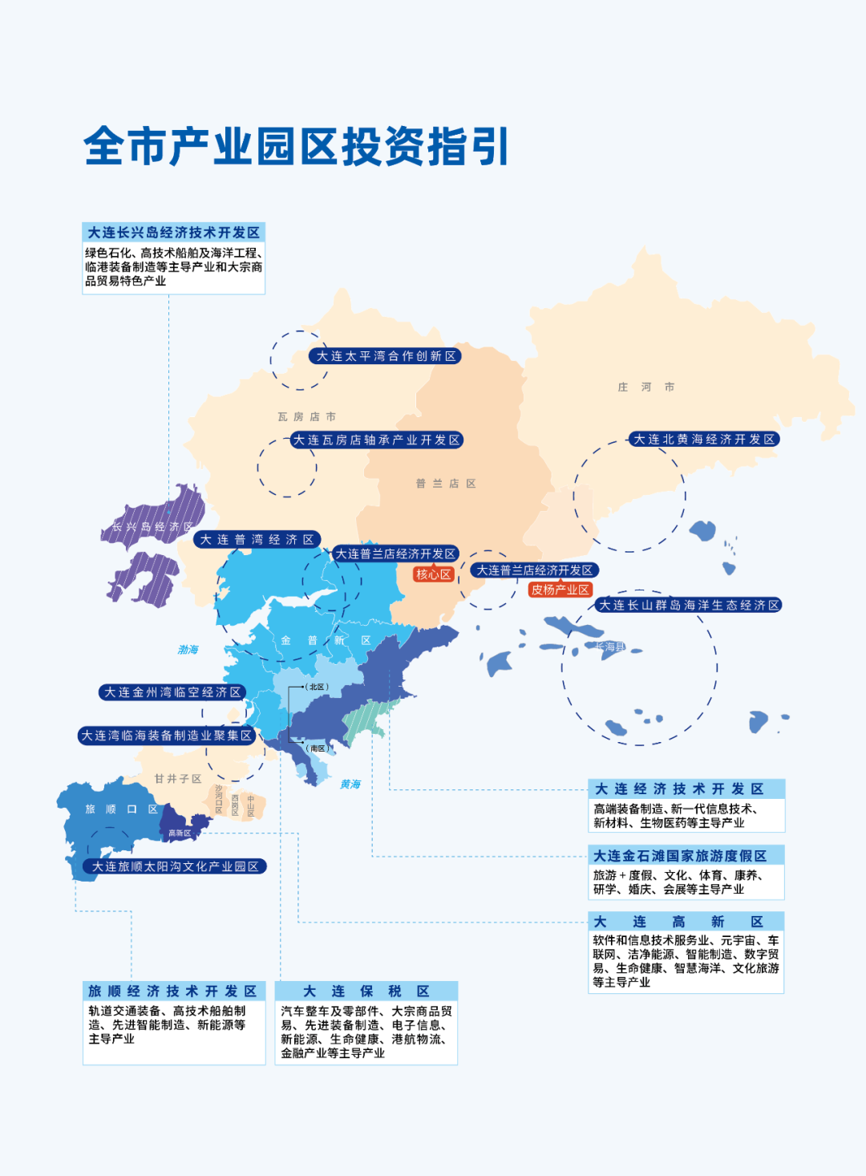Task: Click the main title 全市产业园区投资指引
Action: point(296,147)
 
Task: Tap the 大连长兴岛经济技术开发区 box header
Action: point(173,233)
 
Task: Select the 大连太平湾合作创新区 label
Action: point(386,356)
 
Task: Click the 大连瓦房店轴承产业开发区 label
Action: point(376,440)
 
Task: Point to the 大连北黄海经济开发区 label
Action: point(704,439)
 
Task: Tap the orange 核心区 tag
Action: point(434,574)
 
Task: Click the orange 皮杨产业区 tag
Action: point(560,590)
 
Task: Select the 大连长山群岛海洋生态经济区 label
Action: point(689,605)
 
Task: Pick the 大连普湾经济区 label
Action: point(257,540)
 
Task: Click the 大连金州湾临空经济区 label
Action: point(172,692)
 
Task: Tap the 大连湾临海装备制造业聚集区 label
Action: point(167,736)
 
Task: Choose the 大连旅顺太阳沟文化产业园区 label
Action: point(175,866)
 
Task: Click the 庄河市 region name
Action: point(645,387)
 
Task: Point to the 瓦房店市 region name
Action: point(306,417)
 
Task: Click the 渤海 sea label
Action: point(188,650)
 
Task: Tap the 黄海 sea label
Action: point(350,785)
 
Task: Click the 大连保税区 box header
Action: point(366,991)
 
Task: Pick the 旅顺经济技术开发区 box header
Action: point(172,991)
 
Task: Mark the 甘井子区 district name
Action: point(178,779)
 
